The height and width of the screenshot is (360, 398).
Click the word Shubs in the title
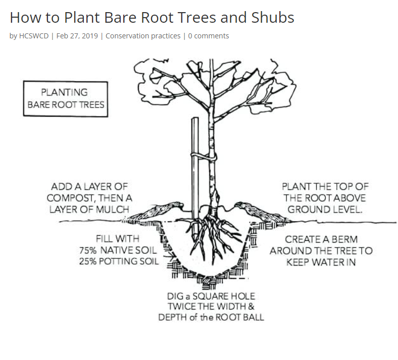coord(272,18)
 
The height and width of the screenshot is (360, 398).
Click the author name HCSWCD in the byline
coord(33,36)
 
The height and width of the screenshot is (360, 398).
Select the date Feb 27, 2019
coord(78,36)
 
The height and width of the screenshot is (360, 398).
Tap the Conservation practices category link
coord(143,36)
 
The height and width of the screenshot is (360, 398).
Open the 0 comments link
coord(209,36)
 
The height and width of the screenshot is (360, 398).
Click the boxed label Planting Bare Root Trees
coord(66,99)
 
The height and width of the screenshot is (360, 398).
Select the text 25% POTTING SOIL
coord(119,261)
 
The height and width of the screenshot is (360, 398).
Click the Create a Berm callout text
coord(321,250)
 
